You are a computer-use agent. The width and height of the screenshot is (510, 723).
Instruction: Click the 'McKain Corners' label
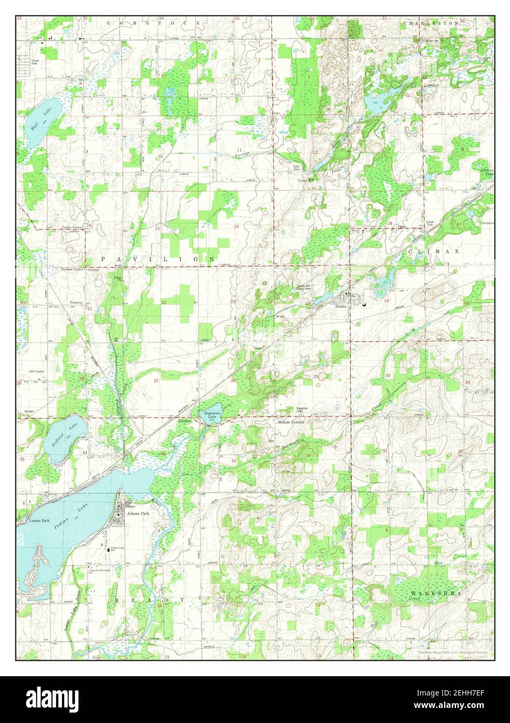(x=290, y=422)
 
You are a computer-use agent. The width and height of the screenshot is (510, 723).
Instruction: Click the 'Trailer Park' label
(x=35, y=62)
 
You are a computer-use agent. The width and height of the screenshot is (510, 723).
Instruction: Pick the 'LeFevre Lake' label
(x=486, y=172)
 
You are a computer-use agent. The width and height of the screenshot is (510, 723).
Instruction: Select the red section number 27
(x=156, y=381)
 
